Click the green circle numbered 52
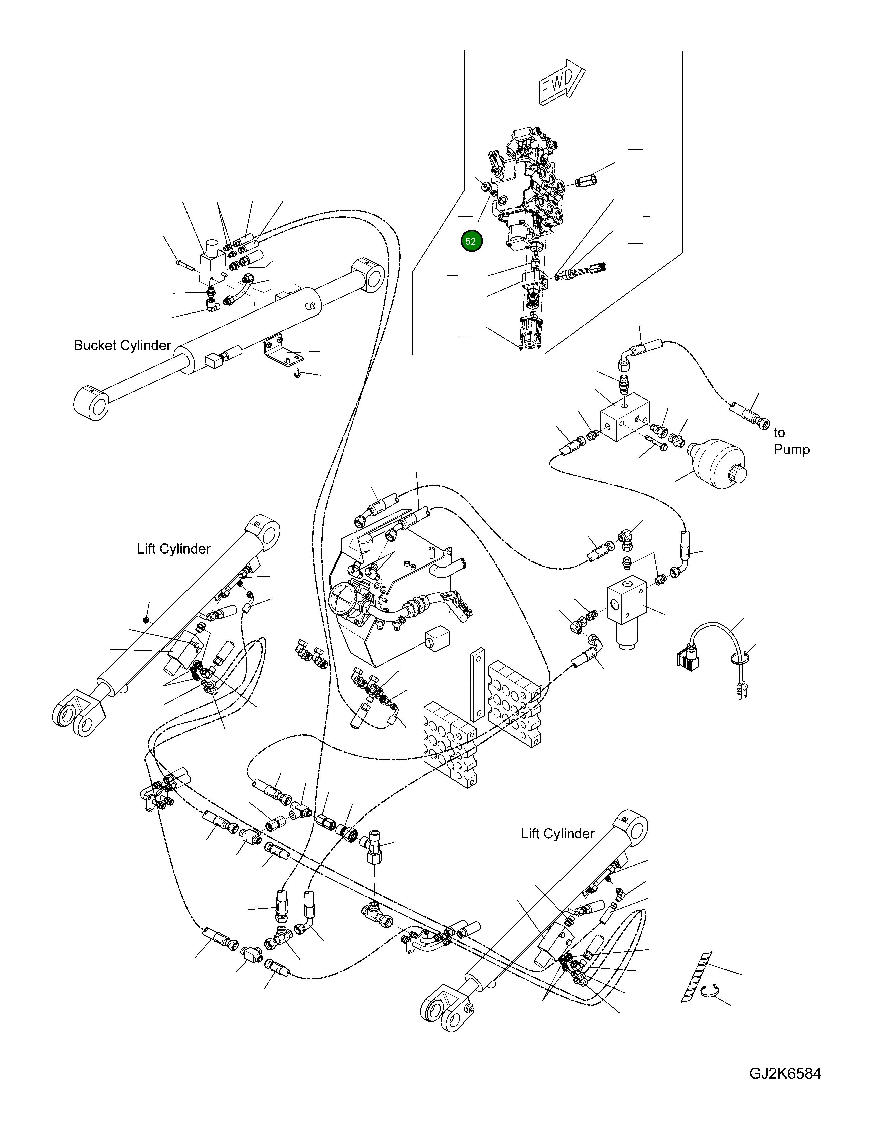(x=471, y=241)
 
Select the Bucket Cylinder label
(x=123, y=345)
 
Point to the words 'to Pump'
(x=790, y=441)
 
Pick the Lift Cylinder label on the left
(x=174, y=549)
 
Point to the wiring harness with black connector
(x=713, y=651)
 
